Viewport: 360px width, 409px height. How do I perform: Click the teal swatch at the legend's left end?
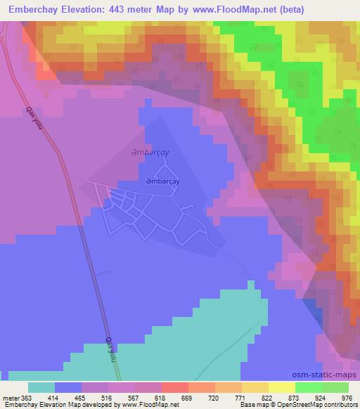point(41,387)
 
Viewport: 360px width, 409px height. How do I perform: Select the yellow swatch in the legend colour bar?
point(281,387)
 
